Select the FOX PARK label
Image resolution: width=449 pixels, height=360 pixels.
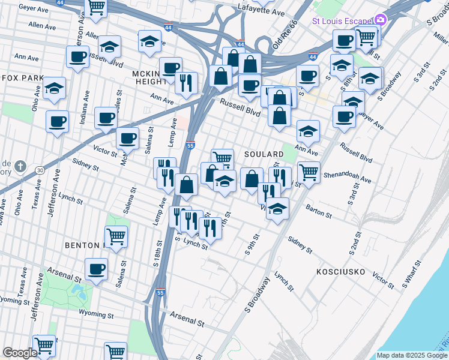23,78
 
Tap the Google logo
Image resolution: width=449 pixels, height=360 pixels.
20,353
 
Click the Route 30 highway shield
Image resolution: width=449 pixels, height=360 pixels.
38,170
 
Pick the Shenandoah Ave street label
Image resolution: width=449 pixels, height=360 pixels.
348,178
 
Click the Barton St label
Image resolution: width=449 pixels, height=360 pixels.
319,211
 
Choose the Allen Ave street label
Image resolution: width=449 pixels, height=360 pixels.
42,26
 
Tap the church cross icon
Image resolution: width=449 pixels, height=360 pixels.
20,166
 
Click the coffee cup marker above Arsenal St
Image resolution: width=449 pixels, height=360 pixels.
96,269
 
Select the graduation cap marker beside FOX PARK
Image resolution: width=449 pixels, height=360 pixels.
55,88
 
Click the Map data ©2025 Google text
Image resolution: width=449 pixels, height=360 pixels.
412,355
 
